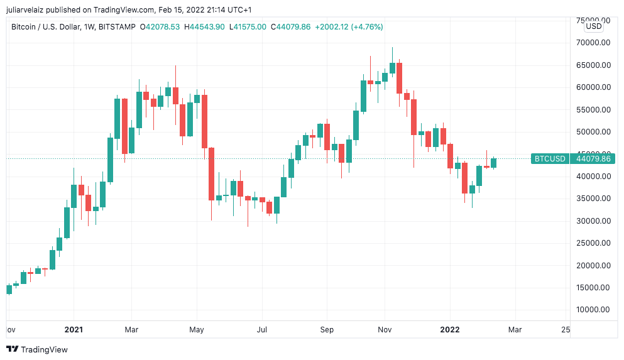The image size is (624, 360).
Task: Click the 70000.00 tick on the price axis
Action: point(593,43)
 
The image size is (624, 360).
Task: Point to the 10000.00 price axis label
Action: point(593,310)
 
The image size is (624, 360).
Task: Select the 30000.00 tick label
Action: point(593,221)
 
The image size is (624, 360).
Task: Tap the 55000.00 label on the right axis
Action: point(593,110)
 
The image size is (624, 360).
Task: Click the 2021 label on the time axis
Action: point(74,329)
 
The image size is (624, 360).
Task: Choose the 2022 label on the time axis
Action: point(450,329)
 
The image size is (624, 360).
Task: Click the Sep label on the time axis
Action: point(326,329)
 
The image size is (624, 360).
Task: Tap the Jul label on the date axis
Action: point(262,329)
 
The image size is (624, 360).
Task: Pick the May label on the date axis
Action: point(197,329)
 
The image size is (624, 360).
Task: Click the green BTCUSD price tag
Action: point(550,159)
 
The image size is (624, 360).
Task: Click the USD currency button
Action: point(593,26)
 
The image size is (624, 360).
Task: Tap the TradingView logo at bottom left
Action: point(37,349)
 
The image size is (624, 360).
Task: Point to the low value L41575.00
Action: point(248,27)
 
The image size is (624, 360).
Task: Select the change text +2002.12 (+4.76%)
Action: point(349,27)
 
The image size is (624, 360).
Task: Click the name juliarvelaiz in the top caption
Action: point(30,9)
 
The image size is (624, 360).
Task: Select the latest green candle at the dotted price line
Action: point(494,163)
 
